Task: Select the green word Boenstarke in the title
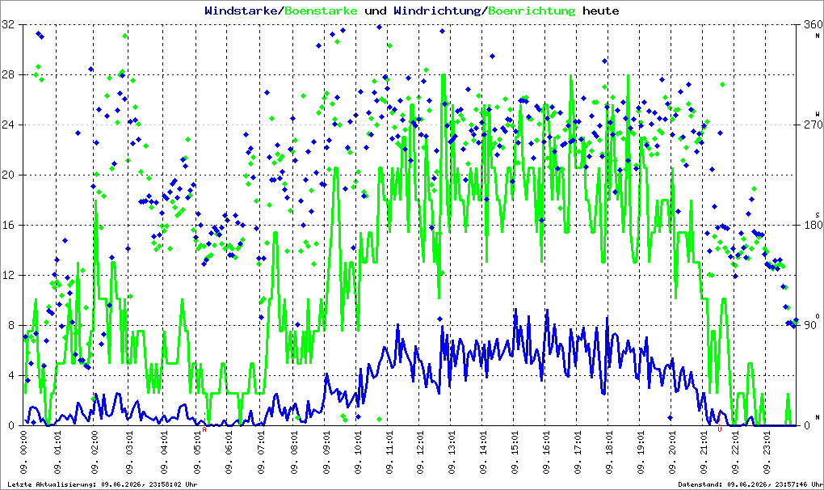coord(321,11)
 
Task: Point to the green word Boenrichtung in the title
coord(532,11)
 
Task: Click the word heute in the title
coord(601,11)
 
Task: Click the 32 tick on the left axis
coord(8,24)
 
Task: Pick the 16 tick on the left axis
coord(8,225)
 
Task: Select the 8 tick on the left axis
coord(11,325)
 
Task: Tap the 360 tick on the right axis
coord(813,24)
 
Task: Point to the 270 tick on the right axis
coord(813,125)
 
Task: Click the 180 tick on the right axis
coord(813,225)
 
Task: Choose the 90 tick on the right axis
coord(809,325)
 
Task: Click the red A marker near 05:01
coord(204,429)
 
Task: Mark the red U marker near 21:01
coord(720,429)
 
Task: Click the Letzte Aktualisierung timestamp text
coord(102,484)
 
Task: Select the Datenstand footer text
coord(750,484)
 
